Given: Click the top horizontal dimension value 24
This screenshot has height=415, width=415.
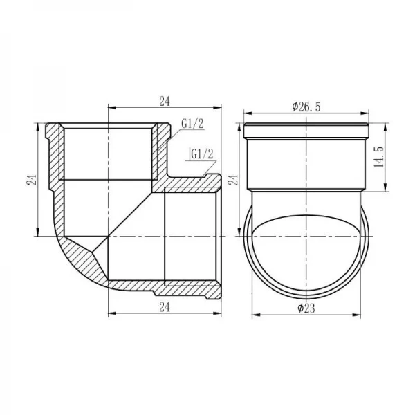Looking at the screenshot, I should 164,102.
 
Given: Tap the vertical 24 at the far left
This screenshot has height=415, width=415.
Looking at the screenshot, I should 30,180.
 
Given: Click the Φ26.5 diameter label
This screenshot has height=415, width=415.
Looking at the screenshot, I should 305,107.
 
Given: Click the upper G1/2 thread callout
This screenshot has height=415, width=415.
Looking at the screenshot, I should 192,124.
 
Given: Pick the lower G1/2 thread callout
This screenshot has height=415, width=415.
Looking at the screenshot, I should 201,152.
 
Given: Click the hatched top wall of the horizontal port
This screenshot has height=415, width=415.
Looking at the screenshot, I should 190,185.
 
